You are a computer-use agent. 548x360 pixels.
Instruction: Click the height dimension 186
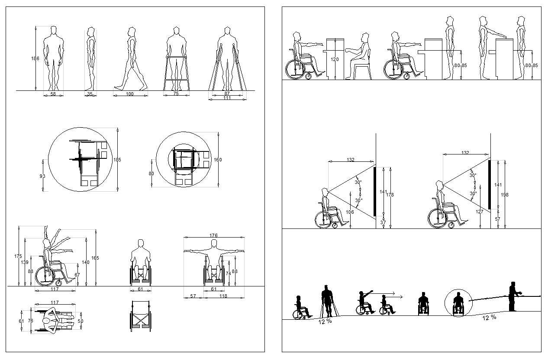35,58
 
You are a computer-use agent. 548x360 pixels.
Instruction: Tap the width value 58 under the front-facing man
53,94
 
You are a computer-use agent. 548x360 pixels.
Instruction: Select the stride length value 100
130,94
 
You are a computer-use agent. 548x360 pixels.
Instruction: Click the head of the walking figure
132,32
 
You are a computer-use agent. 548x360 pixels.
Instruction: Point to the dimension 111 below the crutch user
227,98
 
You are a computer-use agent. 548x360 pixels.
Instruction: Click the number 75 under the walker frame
176,94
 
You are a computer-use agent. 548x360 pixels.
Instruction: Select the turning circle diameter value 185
117,160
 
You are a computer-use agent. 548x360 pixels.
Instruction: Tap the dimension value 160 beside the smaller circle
218,160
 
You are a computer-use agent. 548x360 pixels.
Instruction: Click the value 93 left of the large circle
42,176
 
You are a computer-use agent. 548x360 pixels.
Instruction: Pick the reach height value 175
18,256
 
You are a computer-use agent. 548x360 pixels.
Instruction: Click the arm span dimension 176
213,235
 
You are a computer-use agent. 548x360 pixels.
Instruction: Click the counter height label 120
335,60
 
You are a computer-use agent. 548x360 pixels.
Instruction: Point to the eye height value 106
350,212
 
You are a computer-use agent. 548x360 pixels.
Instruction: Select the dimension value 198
505,195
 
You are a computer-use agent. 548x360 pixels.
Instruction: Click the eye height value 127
479,212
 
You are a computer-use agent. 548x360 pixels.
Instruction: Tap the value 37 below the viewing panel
383,222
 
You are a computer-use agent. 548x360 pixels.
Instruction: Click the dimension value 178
390,195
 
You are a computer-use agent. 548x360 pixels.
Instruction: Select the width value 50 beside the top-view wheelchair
80,321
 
